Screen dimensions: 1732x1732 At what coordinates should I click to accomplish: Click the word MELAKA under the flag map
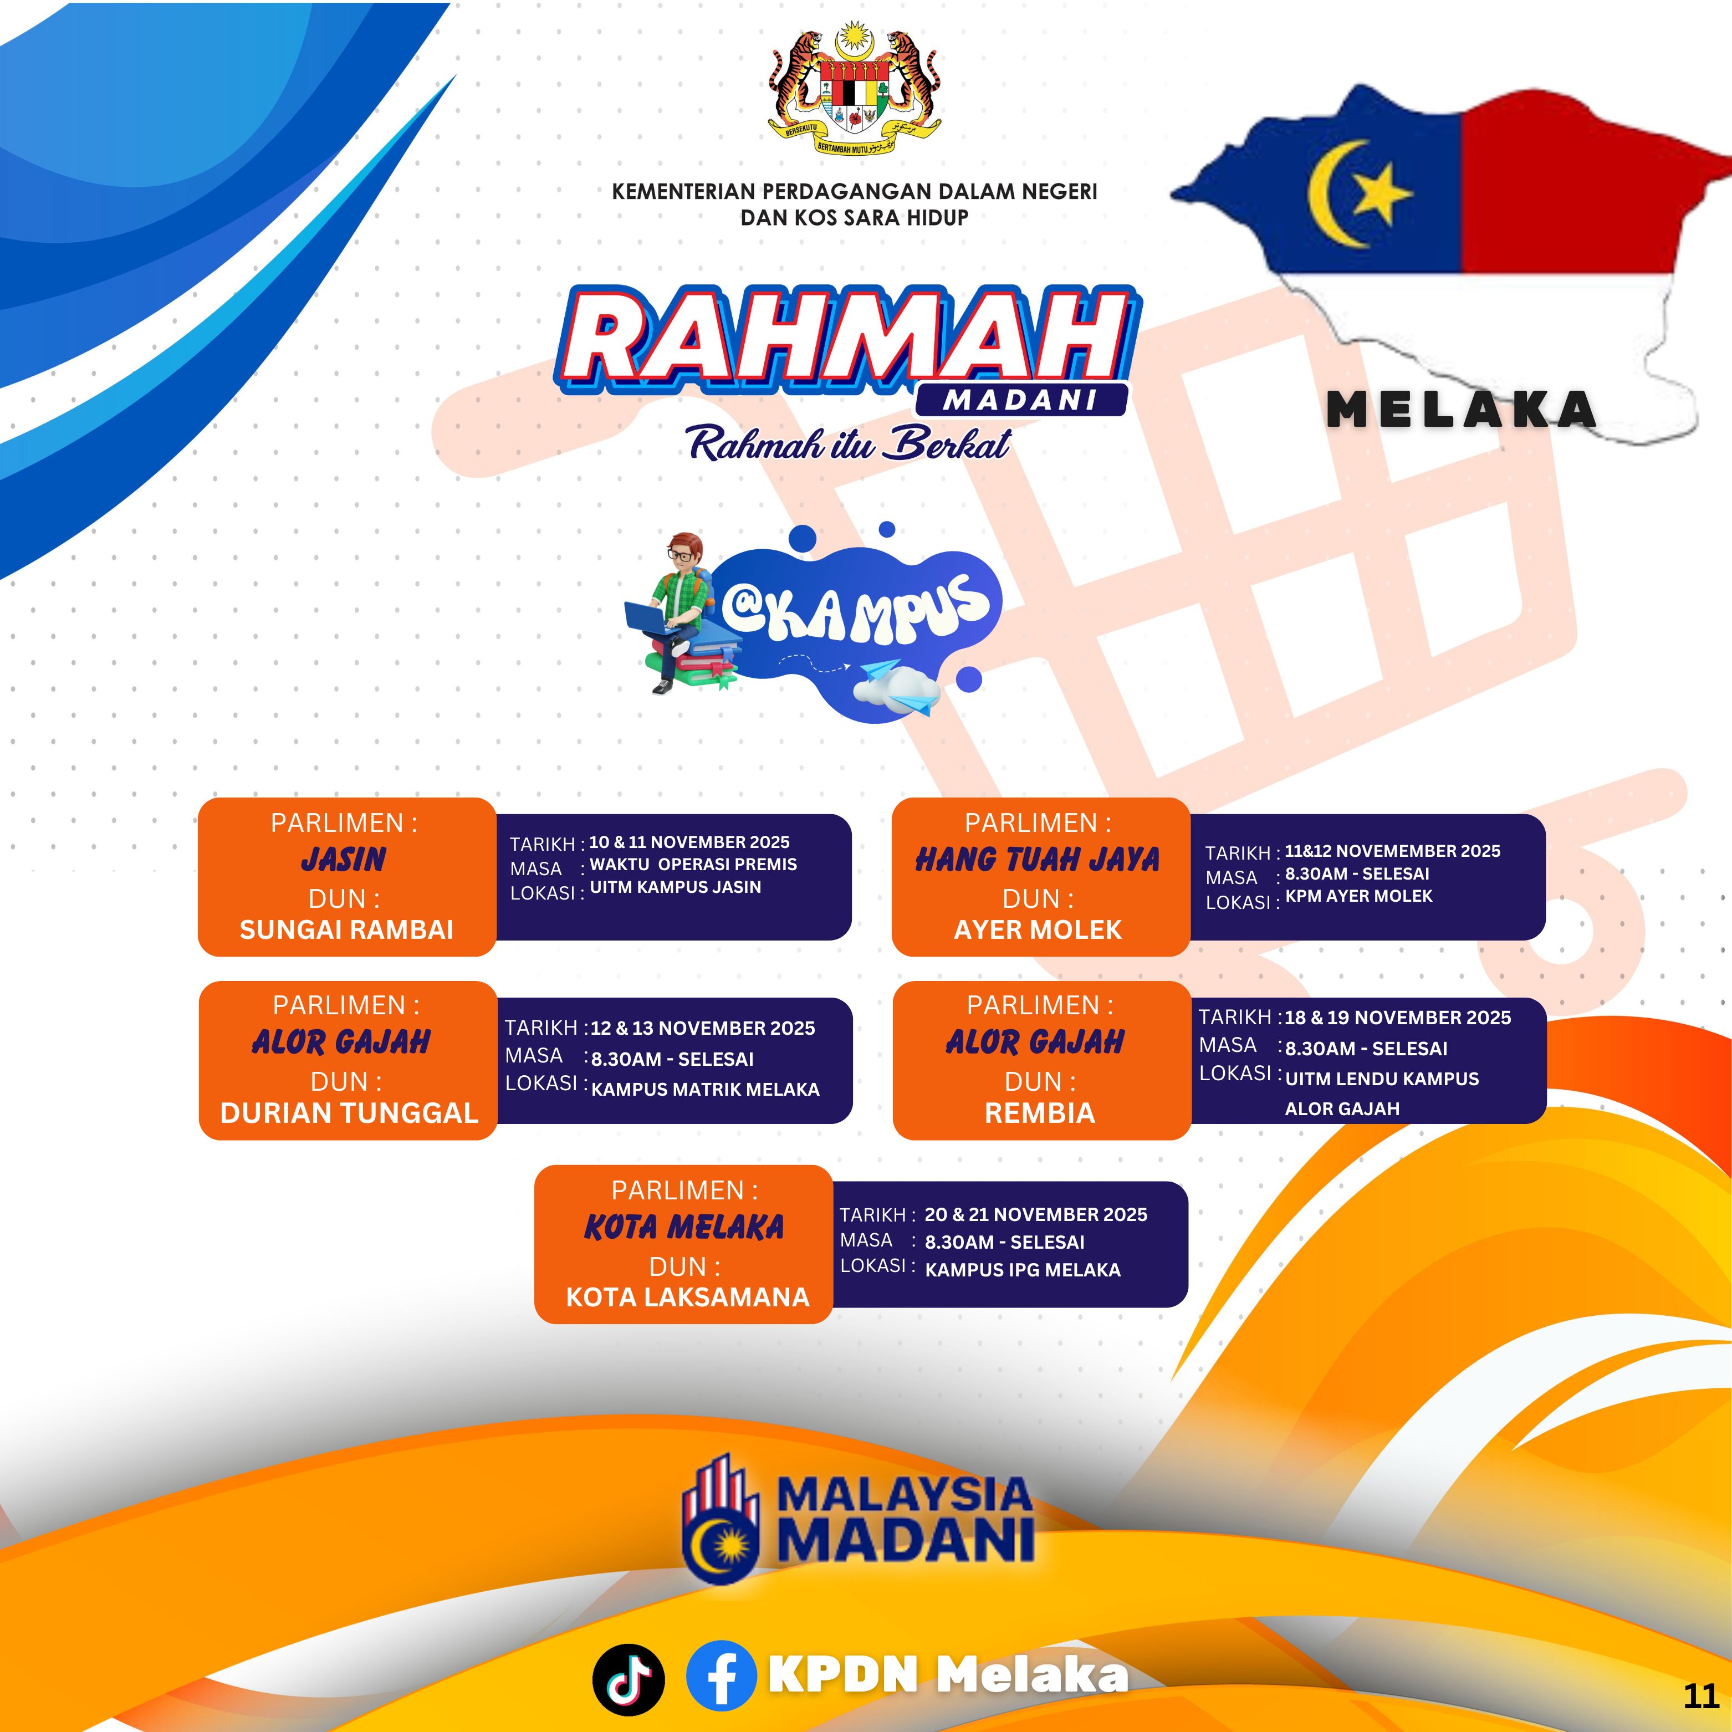(x=1462, y=411)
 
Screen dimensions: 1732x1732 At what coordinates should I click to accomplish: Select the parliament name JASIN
(x=344, y=860)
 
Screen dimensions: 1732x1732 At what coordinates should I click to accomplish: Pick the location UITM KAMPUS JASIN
(x=675, y=887)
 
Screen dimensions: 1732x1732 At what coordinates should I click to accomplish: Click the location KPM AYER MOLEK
(x=1359, y=896)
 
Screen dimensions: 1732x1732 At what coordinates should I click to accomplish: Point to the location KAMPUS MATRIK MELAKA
(x=706, y=1089)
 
